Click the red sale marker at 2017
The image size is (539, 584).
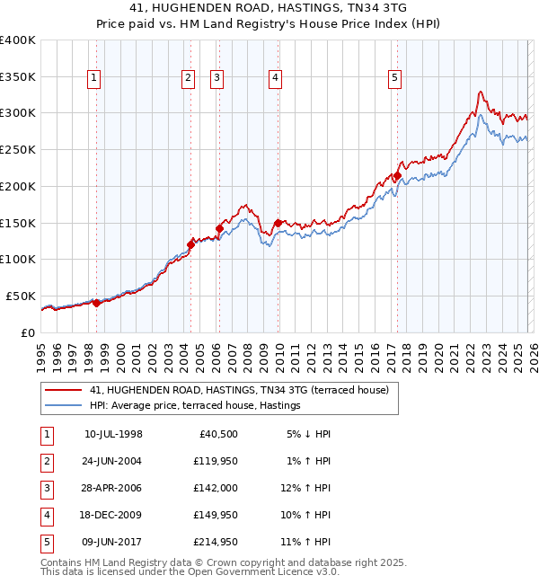pos(397,176)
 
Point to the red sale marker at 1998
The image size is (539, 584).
pos(97,303)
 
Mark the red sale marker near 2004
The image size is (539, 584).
pos(190,243)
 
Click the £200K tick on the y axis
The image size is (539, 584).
pos(18,186)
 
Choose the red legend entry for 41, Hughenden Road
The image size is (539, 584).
pos(238,390)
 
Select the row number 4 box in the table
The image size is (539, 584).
pos(46,515)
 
